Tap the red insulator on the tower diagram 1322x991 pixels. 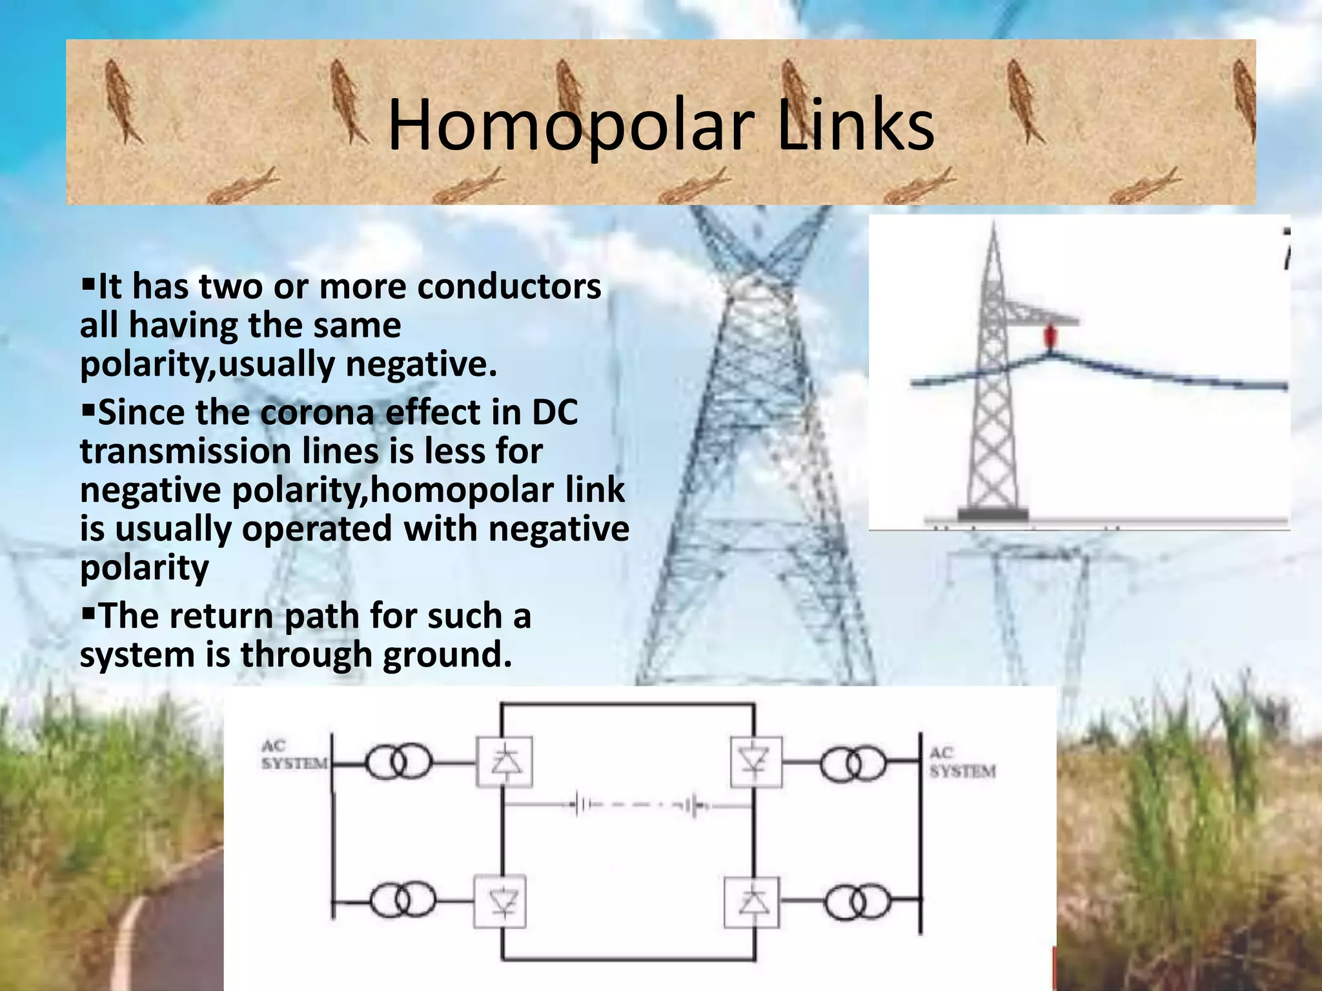point(1050,336)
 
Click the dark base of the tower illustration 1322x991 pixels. point(992,515)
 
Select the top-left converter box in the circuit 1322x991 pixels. point(504,762)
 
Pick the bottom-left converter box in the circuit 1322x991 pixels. point(500,901)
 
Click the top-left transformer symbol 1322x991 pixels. point(397,764)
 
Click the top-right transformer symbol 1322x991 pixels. point(853,765)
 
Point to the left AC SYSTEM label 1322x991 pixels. point(294,755)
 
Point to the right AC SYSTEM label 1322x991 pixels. point(962,762)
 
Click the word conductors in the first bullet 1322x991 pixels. point(509,287)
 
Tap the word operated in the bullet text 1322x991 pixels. point(317,529)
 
